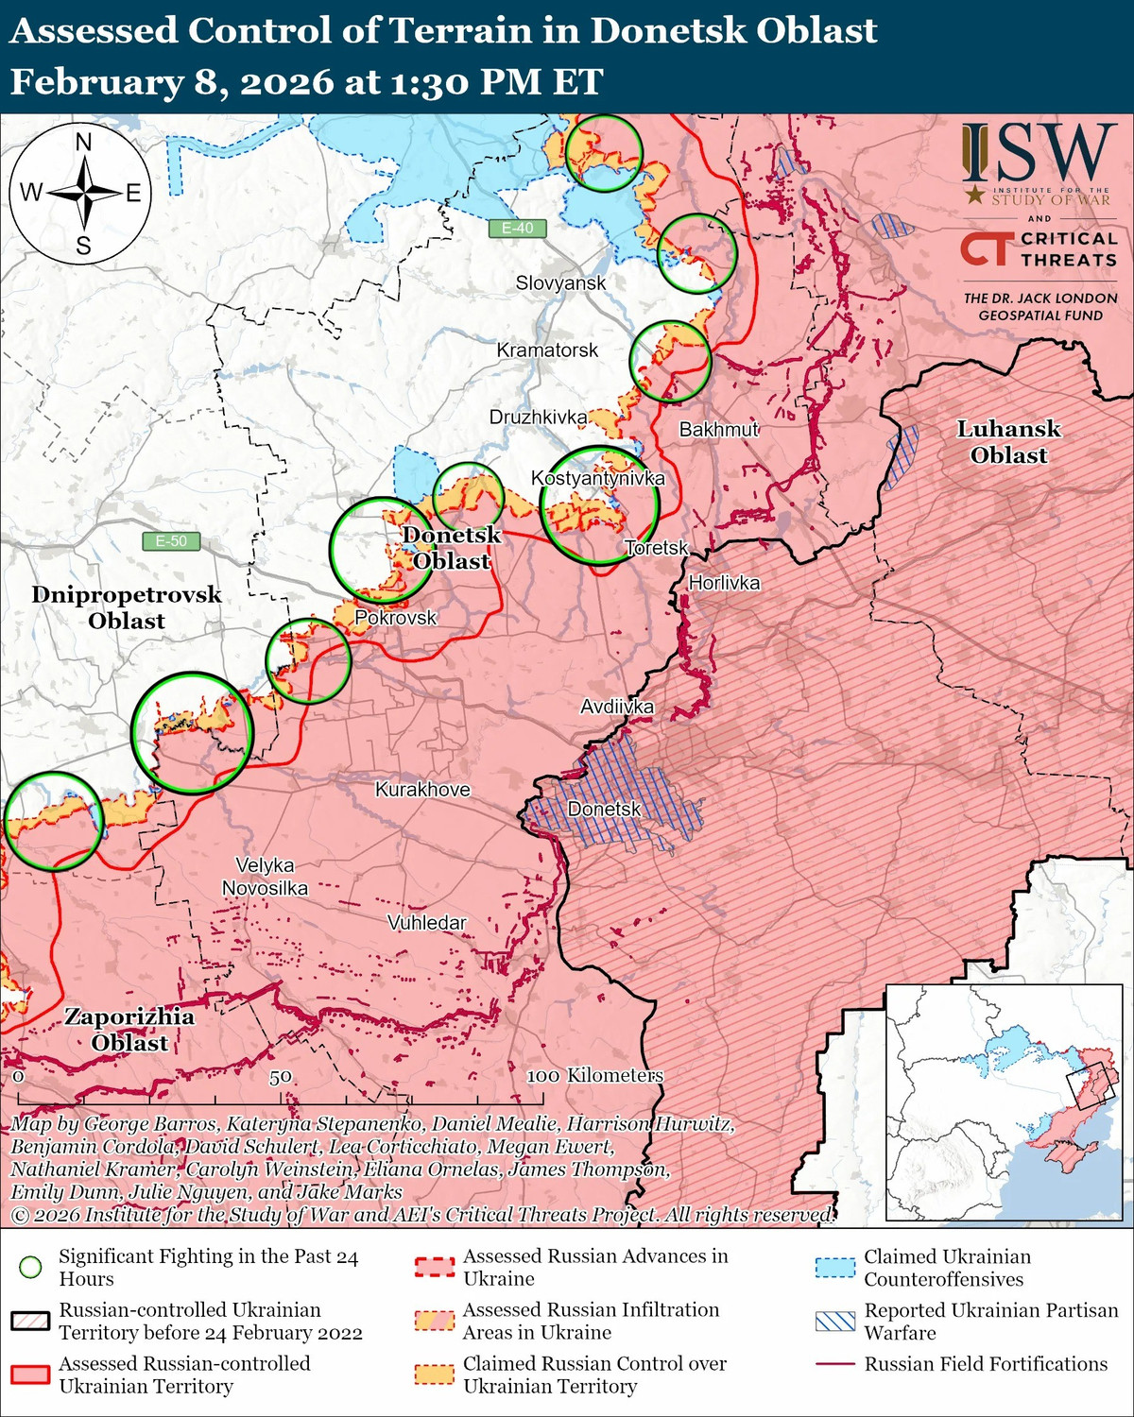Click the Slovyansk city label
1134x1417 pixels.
coord(560,282)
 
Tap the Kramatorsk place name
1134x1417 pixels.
coord(547,350)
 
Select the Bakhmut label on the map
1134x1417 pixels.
coord(718,430)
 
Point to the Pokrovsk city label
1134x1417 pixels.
coord(395,618)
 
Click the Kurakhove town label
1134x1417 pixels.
coord(422,790)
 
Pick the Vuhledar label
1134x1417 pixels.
coord(426,923)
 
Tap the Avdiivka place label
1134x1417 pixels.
coord(616,707)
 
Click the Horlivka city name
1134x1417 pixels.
coord(724,583)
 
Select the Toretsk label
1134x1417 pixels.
coord(656,548)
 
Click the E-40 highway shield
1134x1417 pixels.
coord(517,228)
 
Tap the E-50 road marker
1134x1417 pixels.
coord(171,541)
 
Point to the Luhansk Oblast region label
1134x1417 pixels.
coord(1008,442)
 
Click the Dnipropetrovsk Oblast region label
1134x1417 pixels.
coord(127,607)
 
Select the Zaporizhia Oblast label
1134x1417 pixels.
coord(129,1030)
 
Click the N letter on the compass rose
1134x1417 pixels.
coord(83,143)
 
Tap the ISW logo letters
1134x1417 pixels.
coord(1039,154)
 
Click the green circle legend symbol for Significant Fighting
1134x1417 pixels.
coord(31,1268)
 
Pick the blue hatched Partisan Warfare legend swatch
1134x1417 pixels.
coord(834,1321)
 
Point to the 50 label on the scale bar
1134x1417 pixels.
coord(280,1077)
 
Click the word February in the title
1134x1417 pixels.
coord(92,82)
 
